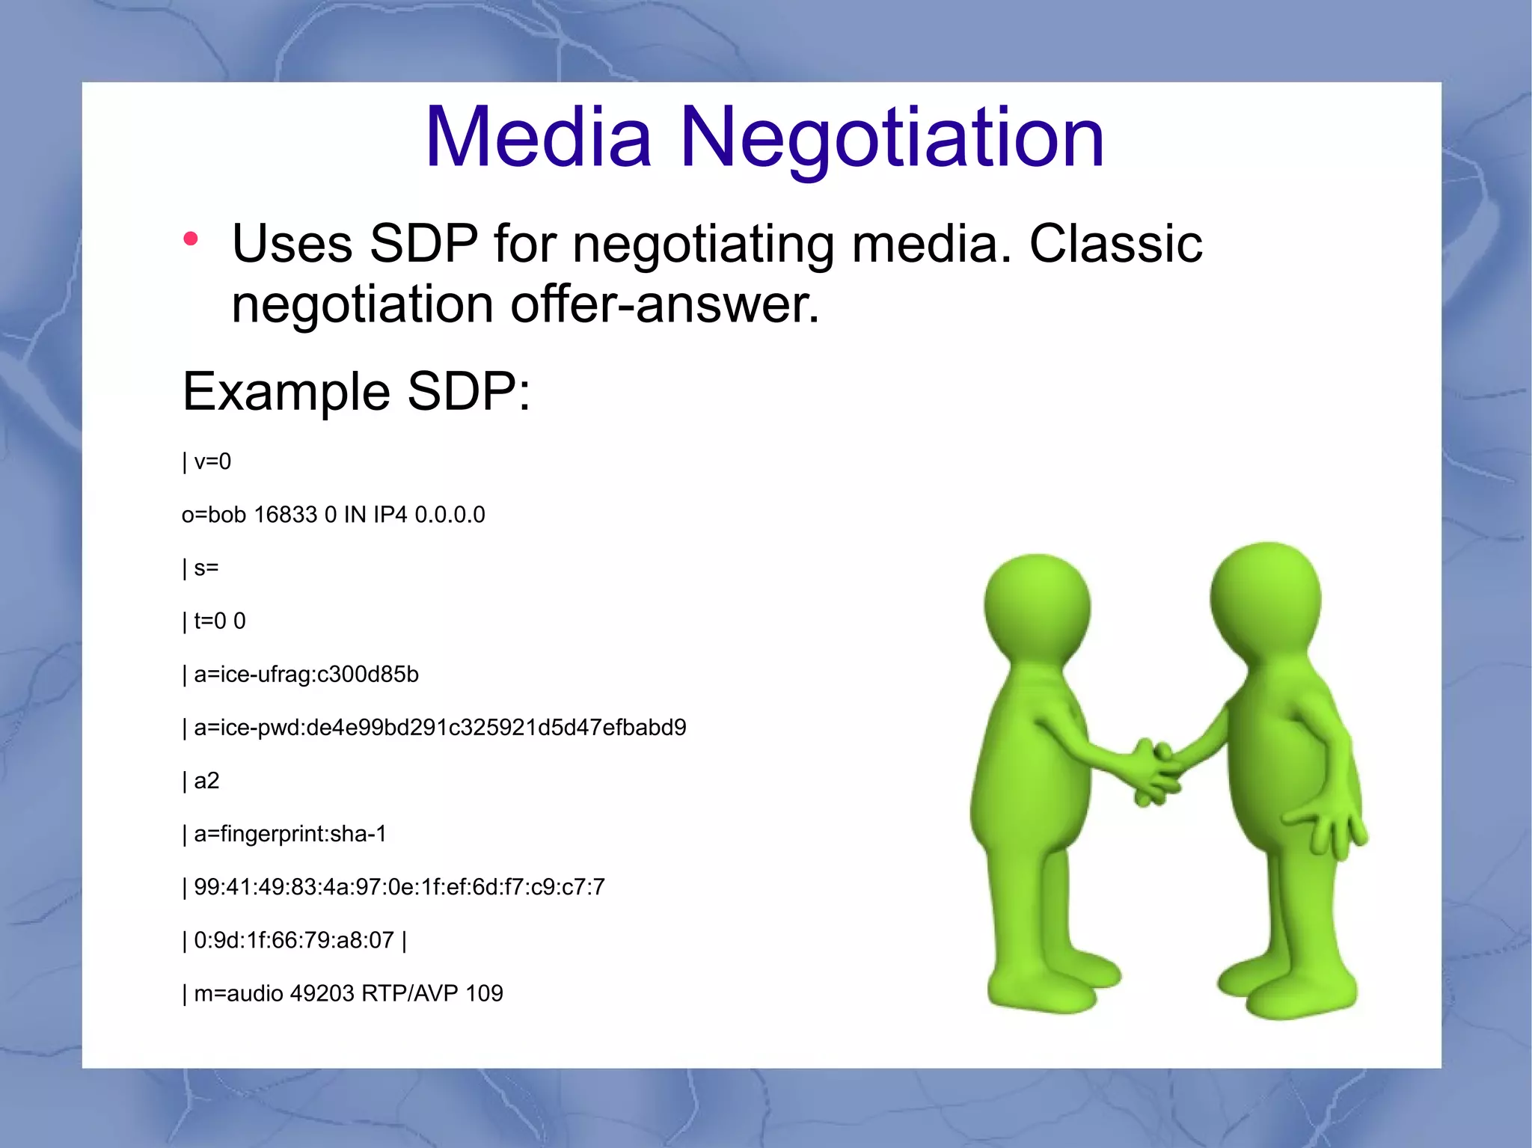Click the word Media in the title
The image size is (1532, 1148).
(539, 138)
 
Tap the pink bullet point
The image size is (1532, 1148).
(191, 239)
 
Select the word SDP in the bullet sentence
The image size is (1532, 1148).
(423, 244)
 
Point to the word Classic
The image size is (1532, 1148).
(1115, 244)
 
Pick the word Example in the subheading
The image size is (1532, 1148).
(287, 391)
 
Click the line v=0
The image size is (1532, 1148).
(212, 461)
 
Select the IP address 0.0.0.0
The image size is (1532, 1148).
(450, 515)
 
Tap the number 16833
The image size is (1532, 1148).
(286, 515)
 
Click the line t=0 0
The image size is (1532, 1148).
(219, 621)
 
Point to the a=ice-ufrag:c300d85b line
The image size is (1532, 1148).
(306, 675)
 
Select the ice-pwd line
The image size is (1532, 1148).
(440, 728)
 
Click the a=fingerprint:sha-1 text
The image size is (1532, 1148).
(290, 834)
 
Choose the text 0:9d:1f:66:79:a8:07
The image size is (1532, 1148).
(293, 940)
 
